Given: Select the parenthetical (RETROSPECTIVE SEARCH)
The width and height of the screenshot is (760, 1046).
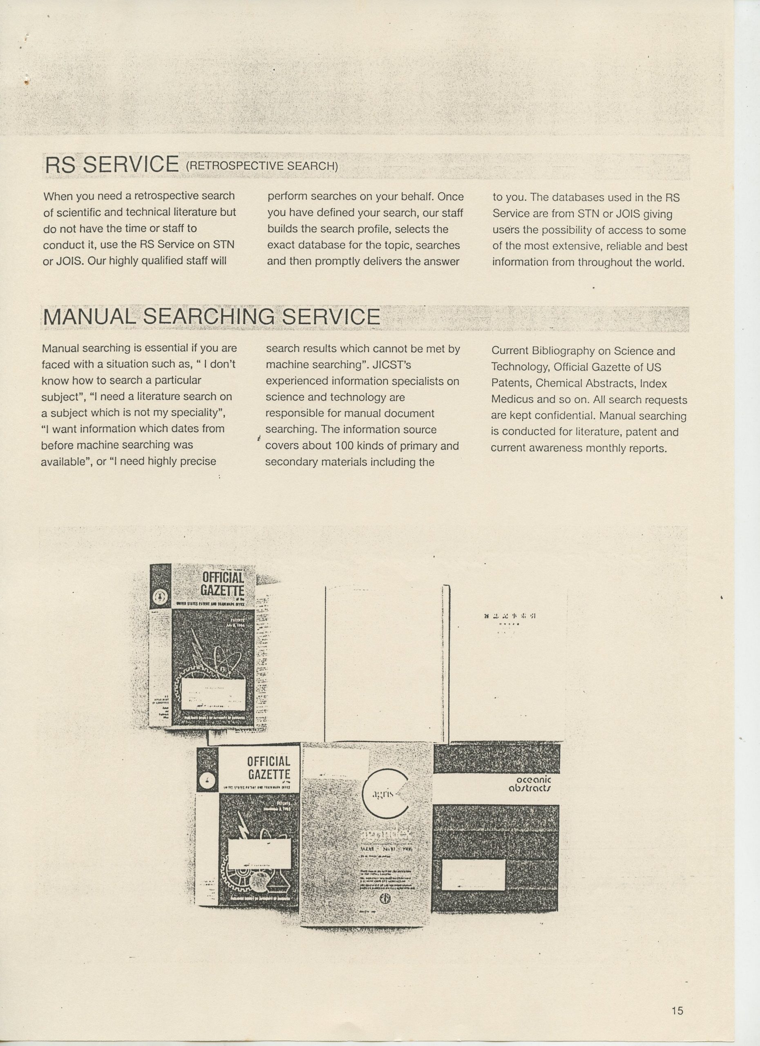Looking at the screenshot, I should pos(262,166).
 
